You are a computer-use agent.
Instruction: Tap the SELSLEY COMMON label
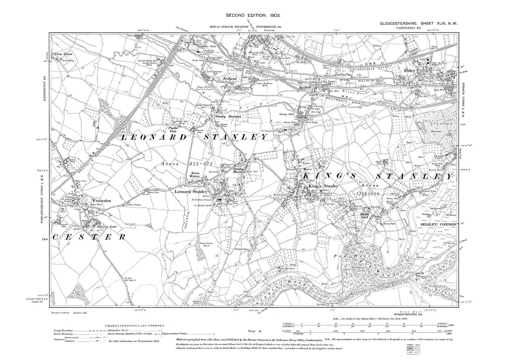tap(438, 224)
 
